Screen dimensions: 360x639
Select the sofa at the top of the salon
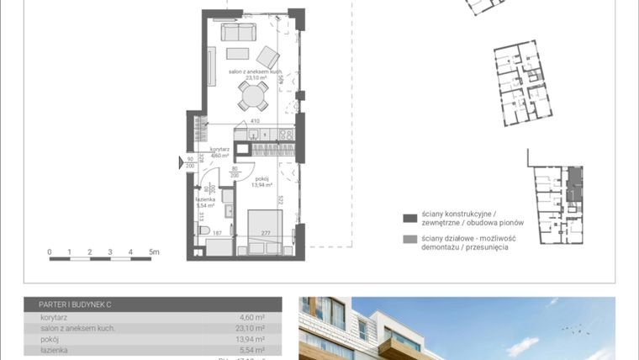[x=239, y=32]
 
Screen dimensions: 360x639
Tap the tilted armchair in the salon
[x=268, y=57]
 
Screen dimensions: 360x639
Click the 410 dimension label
[x=253, y=120]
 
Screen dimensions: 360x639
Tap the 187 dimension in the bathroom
[x=216, y=233]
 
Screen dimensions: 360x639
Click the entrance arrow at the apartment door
[x=182, y=162]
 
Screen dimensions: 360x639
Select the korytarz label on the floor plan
[x=219, y=149]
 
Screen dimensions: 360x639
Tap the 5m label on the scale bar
[x=153, y=251]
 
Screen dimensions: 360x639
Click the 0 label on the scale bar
[x=50, y=251]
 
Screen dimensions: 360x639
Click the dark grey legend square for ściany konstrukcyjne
[x=410, y=218]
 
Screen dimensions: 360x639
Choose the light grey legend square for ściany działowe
[x=410, y=241]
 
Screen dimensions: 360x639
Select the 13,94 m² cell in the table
[x=252, y=339]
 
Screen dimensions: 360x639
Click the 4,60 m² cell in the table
[x=252, y=318]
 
